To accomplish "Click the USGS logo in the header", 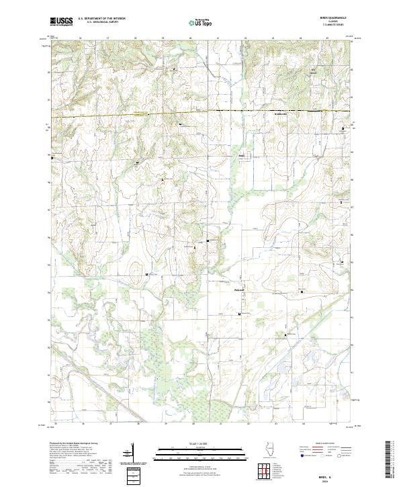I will click(x=61, y=21).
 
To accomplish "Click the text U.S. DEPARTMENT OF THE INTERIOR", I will click(x=101, y=18).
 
